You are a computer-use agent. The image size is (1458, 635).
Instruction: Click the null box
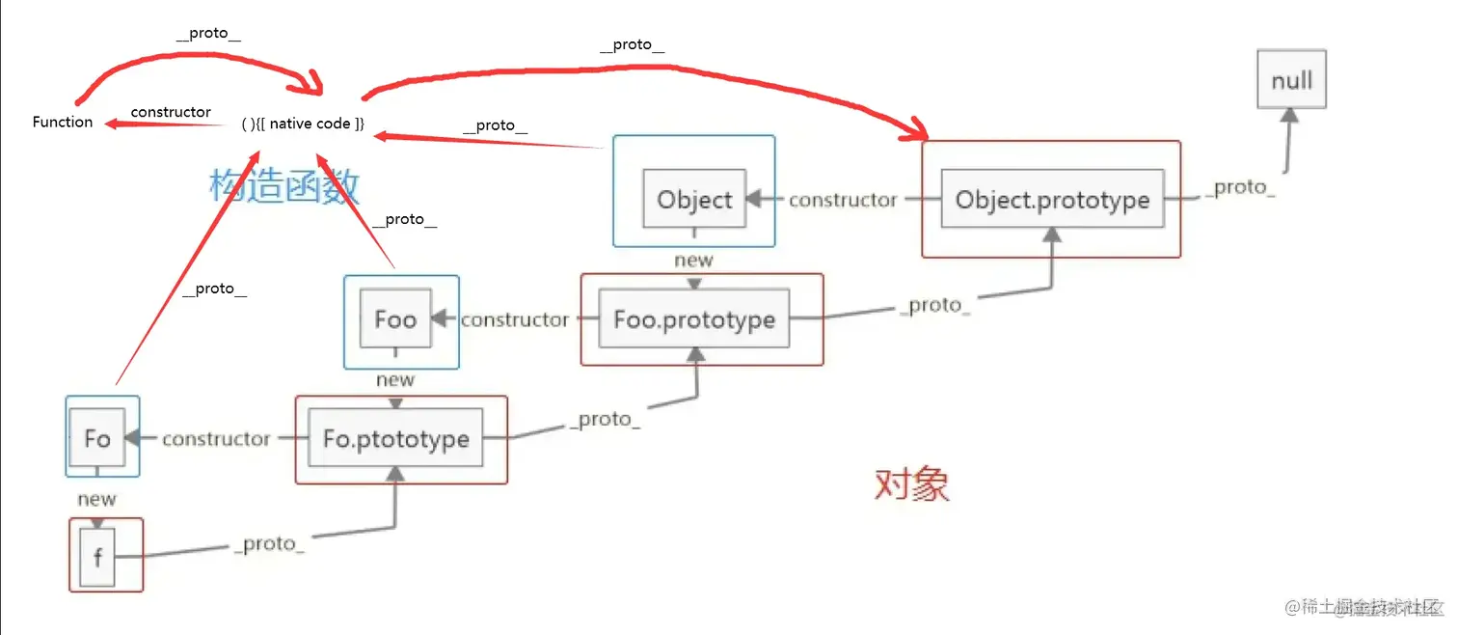point(1291,79)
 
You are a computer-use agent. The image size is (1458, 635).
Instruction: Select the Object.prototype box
point(1052,200)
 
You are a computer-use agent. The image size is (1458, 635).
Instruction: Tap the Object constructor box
point(694,200)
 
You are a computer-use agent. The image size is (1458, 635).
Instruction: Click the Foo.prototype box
point(694,319)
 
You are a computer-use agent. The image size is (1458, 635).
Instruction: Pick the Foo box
point(395,319)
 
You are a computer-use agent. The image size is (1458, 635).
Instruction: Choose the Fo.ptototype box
point(395,439)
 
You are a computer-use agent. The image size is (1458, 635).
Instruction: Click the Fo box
point(97,439)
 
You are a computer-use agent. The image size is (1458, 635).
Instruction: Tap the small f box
point(97,557)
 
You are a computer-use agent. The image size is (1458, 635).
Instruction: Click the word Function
point(63,122)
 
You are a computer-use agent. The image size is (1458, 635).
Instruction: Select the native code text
point(304,124)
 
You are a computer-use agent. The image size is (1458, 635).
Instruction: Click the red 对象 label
point(912,483)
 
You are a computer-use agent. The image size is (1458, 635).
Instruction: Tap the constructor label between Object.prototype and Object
point(843,200)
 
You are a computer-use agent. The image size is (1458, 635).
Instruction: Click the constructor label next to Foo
point(515,319)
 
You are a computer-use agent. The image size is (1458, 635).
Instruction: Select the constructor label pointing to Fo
point(216,439)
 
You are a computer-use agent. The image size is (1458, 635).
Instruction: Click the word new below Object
point(694,260)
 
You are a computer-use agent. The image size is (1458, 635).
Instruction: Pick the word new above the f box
point(96,499)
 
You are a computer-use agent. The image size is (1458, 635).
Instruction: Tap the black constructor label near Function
point(171,112)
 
